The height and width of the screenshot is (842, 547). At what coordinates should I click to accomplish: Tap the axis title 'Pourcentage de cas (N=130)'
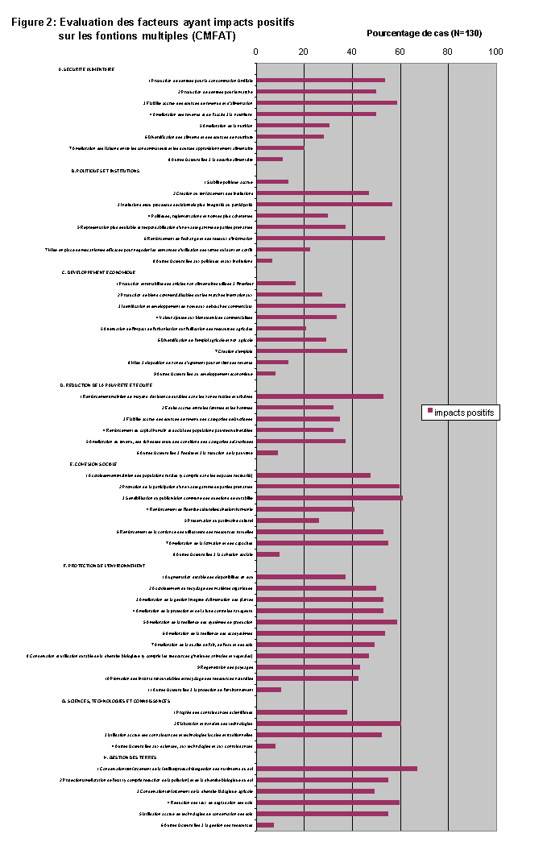[x=424, y=33]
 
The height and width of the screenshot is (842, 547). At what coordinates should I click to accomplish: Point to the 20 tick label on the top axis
[x=304, y=52]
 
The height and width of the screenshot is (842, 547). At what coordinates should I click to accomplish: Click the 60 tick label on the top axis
[x=400, y=52]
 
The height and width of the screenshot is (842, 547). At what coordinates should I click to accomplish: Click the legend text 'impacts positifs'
[x=465, y=413]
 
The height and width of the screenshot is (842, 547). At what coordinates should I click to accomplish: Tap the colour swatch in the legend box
[x=429, y=413]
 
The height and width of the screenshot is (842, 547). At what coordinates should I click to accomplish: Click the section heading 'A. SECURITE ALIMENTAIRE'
[x=86, y=69]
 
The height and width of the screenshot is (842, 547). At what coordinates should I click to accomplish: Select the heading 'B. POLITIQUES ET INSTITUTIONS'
[x=106, y=171]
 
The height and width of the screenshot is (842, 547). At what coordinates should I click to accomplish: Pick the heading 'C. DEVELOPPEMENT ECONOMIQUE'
[x=99, y=272]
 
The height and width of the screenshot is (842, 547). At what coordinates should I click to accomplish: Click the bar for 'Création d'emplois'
[x=301, y=351]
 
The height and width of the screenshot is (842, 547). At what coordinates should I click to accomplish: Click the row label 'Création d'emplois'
[x=234, y=351]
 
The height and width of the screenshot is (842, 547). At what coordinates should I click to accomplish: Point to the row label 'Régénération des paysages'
[x=225, y=667]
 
